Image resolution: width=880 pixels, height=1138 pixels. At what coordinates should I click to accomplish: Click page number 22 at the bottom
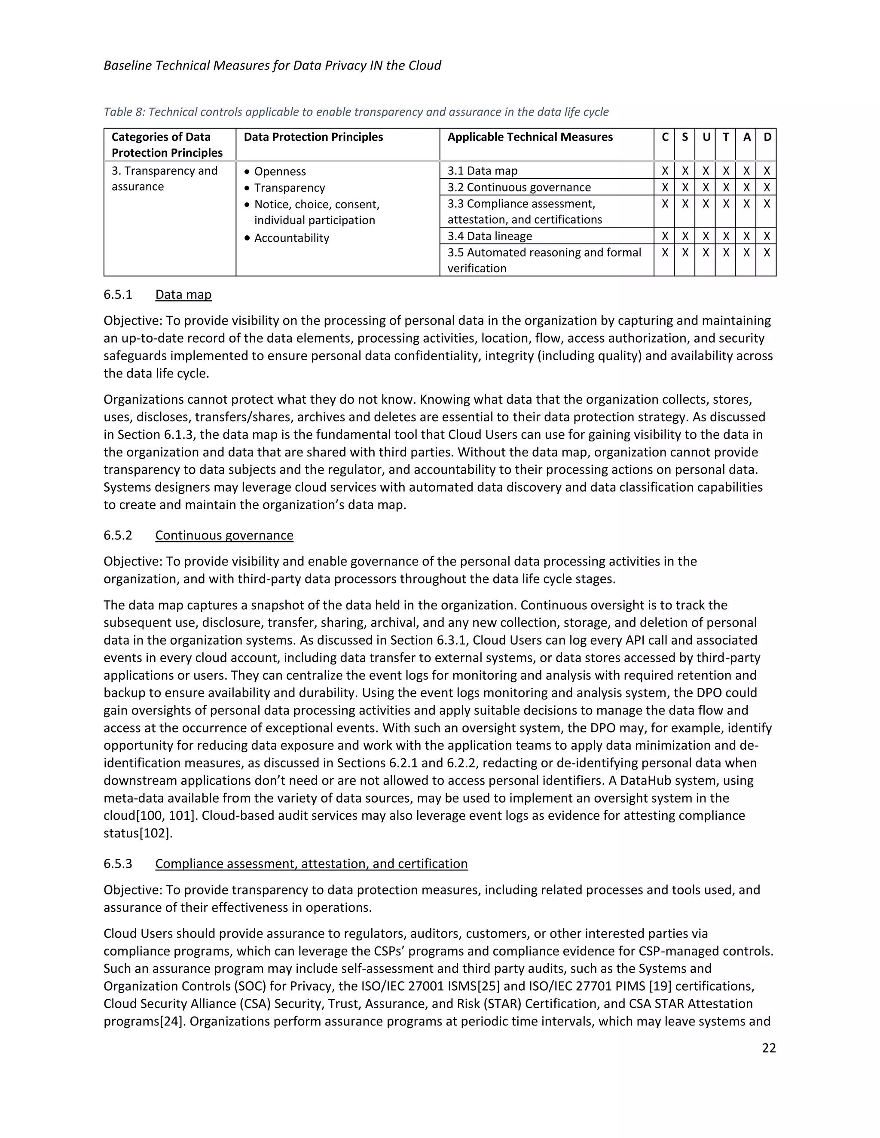[x=768, y=1048]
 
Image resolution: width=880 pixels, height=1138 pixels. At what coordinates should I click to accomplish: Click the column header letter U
[x=706, y=137]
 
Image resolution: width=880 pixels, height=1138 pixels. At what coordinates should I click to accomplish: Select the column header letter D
[x=767, y=137]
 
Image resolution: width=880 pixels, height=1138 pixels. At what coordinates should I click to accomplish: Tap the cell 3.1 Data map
[x=482, y=171]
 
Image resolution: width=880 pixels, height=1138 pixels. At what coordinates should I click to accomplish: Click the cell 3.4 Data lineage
[x=489, y=236]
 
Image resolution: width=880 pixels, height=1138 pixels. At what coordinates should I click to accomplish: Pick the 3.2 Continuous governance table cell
[x=519, y=187]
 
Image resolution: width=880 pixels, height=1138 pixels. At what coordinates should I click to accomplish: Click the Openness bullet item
[x=280, y=171]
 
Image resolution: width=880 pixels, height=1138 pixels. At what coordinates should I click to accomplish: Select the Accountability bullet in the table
[x=291, y=238]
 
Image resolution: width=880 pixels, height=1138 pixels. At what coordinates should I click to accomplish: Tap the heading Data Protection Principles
[x=313, y=137]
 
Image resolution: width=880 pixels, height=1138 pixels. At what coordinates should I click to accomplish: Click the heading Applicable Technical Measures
[x=530, y=137]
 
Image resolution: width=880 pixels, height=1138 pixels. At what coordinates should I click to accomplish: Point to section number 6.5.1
[x=118, y=295]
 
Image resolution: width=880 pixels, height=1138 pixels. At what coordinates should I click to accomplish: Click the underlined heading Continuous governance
[x=224, y=535]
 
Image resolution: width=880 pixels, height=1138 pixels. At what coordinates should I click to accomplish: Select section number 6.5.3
[x=118, y=864]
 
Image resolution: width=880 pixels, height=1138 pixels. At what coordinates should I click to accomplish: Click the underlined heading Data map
[x=183, y=295]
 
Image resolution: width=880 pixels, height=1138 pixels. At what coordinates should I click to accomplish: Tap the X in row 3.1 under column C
[x=665, y=171]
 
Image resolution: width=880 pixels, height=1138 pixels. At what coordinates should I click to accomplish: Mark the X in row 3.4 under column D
[x=767, y=236]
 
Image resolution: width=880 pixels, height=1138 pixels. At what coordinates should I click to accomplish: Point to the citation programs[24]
[x=144, y=1021]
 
